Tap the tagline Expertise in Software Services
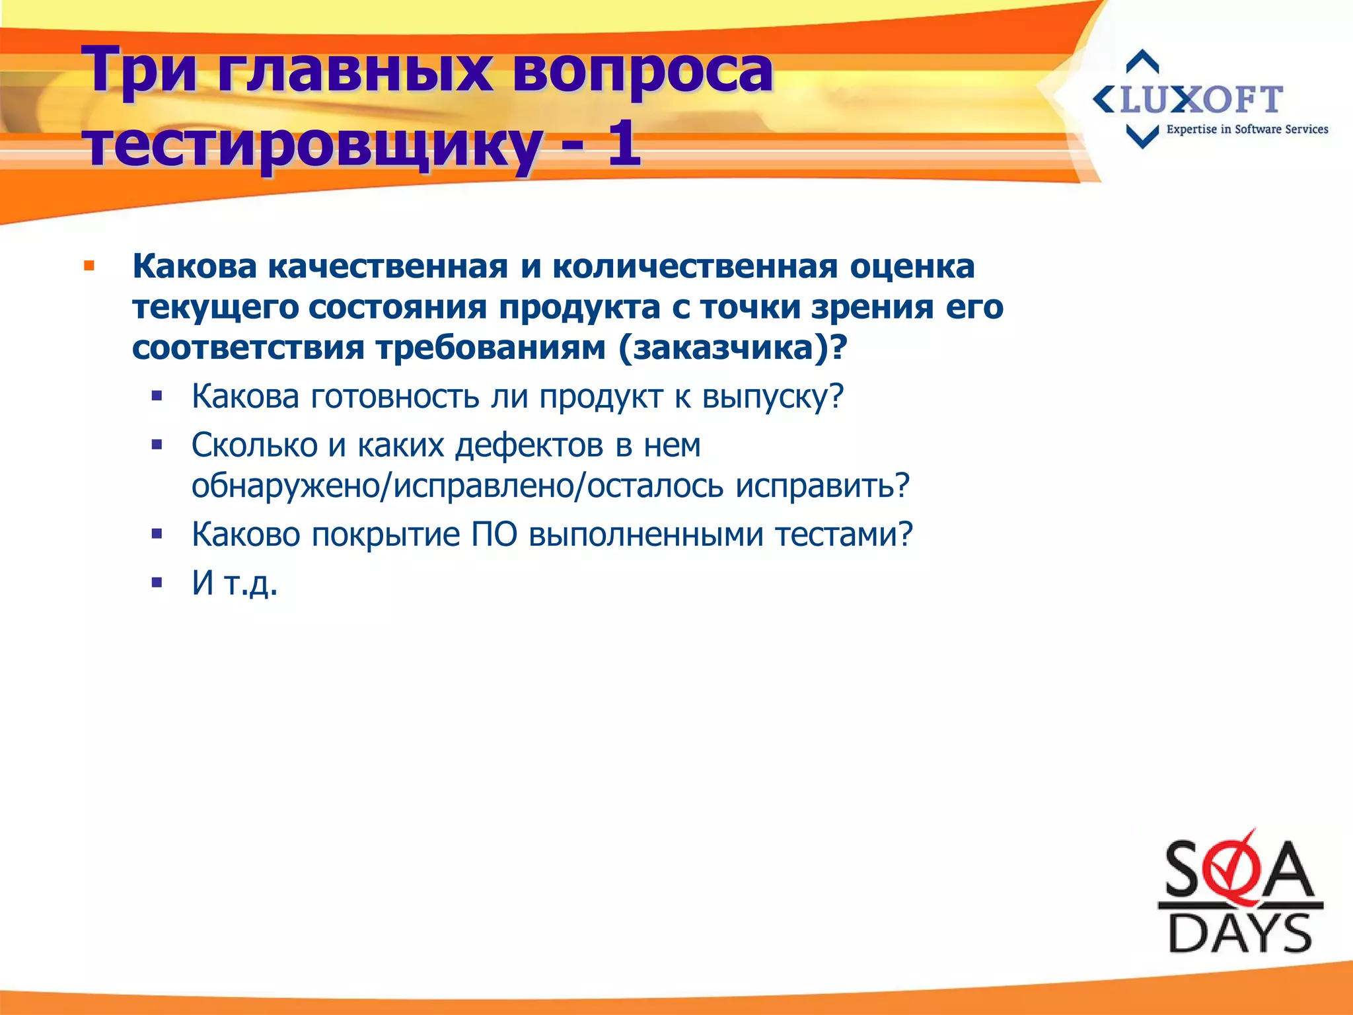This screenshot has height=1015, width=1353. (1247, 130)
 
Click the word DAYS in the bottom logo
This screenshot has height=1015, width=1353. (1239, 934)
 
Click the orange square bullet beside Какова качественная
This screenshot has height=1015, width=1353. (89, 267)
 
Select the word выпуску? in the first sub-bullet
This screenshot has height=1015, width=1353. (772, 397)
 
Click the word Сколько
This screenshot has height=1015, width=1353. (254, 445)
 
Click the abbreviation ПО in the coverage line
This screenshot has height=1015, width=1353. (494, 535)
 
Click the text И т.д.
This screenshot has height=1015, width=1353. (235, 583)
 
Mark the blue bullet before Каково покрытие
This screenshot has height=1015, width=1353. (157, 534)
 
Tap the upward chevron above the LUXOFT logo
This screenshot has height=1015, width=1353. (1142, 61)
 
